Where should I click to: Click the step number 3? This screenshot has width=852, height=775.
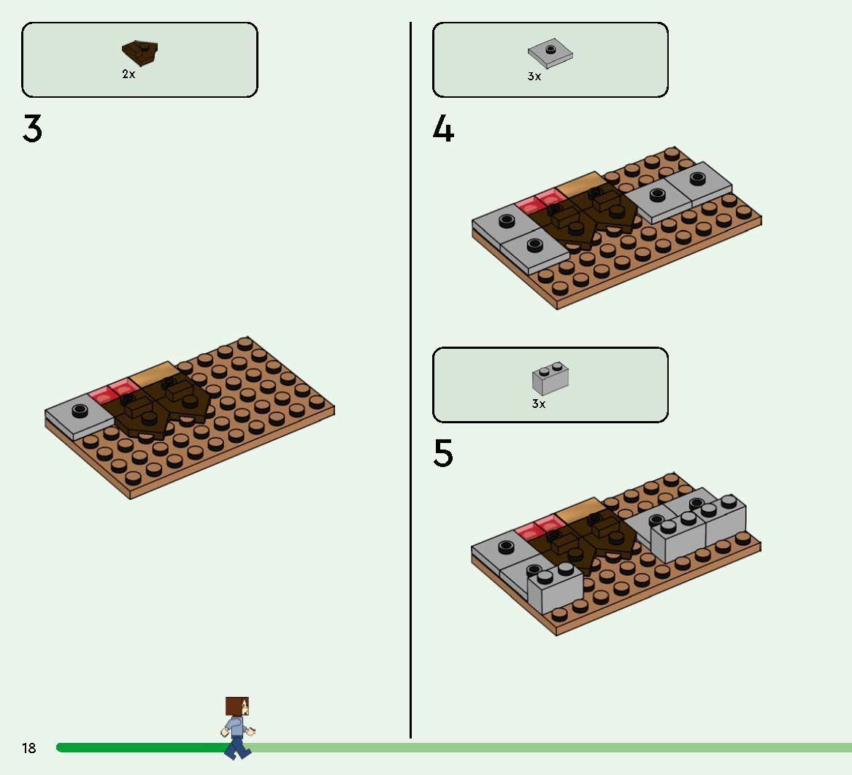pos(32,128)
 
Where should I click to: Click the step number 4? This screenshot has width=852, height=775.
pos(443,128)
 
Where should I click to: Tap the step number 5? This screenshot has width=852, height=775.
pos(443,453)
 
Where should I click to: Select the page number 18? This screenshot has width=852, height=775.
pos(28,748)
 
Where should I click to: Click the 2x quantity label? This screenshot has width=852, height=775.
pos(128,74)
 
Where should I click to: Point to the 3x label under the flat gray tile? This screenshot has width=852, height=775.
pos(534,77)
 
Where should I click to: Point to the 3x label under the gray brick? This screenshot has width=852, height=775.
pos(539,404)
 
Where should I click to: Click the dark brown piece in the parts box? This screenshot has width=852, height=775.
pos(139,53)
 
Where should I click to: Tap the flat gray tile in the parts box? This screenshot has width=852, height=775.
pos(550,53)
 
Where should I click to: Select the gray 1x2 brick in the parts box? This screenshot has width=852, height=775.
pos(550,378)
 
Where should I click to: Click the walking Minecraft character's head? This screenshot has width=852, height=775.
pos(237,706)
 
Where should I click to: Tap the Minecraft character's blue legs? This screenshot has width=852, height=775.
pos(237,747)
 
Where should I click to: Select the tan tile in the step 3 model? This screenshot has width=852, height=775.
pos(154,374)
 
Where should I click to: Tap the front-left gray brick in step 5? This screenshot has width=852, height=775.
pos(555,589)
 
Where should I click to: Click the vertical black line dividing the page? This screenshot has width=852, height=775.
pos(411,380)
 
